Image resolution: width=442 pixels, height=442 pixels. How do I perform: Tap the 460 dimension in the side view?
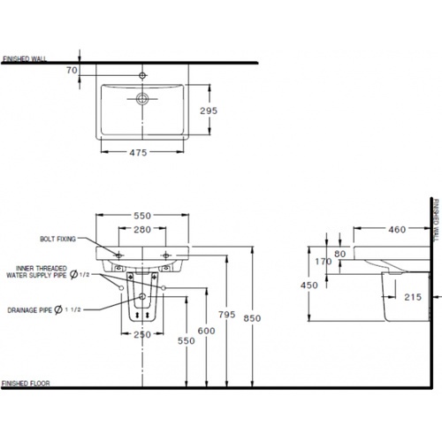(x=396, y=230)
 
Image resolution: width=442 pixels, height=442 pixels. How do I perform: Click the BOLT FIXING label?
(x=58, y=239)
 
